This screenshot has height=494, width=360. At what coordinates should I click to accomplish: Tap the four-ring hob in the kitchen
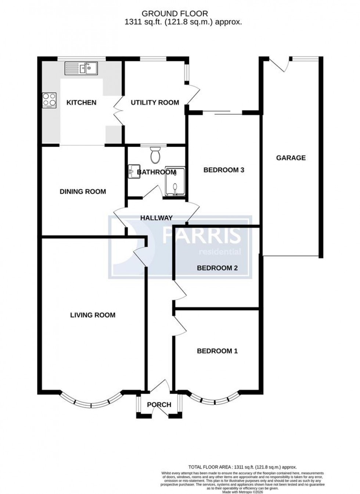[x=50, y=100]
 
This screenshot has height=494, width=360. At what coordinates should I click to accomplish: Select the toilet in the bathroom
[x=156, y=156]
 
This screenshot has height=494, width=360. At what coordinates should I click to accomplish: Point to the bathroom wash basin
[x=133, y=171]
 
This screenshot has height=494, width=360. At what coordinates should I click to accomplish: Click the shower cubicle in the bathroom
[x=174, y=182]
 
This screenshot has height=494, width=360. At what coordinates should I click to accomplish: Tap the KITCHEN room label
[x=81, y=103]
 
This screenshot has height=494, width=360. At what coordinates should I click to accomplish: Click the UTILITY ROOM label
[x=155, y=103]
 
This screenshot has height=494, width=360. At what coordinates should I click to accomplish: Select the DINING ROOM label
[x=83, y=192]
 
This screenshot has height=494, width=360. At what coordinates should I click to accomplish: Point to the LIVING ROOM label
[x=93, y=315]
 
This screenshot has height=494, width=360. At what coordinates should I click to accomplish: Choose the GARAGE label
[x=291, y=158]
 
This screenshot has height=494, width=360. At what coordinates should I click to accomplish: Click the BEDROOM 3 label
[x=224, y=170]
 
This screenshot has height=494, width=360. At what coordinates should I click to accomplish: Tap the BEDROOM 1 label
[x=217, y=351]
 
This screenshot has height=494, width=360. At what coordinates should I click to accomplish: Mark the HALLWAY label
[x=156, y=218]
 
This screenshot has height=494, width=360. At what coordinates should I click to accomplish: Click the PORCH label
[x=159, y=405]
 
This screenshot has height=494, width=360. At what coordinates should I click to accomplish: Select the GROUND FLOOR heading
[x=175, y=14]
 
